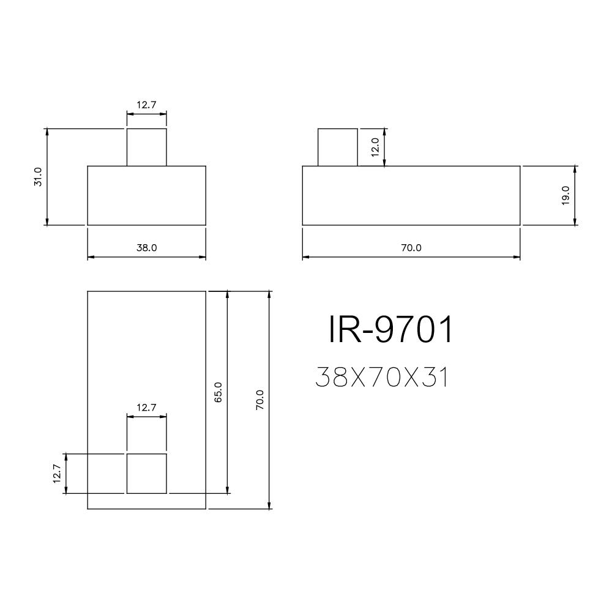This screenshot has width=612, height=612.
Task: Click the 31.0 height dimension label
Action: click(38, 177)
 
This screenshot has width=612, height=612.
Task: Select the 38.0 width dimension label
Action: click(146, 248)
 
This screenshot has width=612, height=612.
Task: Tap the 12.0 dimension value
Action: click(375, 147)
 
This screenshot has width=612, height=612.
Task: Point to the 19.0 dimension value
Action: click(565, 195)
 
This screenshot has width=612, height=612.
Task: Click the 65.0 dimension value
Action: click(218, 392)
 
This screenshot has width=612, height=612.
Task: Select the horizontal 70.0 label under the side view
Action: click(411, 248)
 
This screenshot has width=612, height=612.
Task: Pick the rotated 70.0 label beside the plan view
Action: click(260, 400)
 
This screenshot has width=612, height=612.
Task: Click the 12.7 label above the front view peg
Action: click(146, 105)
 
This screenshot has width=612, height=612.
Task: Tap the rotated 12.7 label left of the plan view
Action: click(57, 474)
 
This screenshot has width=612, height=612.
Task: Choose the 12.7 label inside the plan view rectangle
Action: click(146, 407)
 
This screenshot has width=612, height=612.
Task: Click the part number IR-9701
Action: click(392, 330)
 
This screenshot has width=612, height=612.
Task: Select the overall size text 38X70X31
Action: click(382, 378)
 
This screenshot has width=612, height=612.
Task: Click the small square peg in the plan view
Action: click(146, 473)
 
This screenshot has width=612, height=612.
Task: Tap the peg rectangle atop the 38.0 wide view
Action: click(146, 147)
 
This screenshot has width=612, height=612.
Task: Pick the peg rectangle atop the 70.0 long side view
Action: click(337, 147)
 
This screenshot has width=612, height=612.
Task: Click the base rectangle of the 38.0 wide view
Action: click(146, 195)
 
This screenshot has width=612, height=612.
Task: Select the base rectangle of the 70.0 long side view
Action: click(411, 195)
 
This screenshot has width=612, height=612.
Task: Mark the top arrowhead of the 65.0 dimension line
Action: click(228, 294)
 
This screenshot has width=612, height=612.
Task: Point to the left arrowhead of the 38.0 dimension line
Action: click(91, 257)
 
